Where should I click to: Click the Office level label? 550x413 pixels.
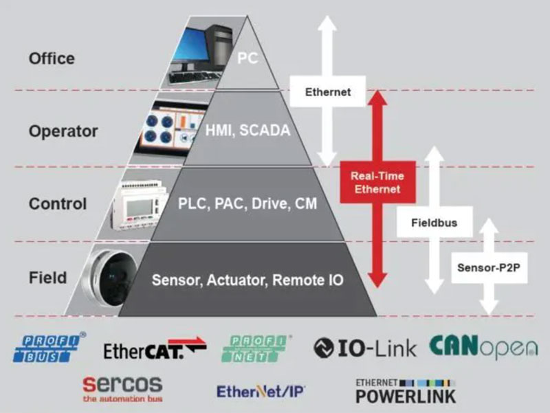tap(52, 58)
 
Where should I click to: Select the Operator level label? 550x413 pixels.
tap(63, 131)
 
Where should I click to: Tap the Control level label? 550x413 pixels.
tap(58, 204)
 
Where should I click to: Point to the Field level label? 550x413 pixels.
tap(47, 278)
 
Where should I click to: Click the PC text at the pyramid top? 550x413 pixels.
tap(247, 58)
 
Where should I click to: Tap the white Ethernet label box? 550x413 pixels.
tap(328, 91)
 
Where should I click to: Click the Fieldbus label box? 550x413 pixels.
tap(434, 223)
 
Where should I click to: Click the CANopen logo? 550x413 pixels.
tap(483, 347)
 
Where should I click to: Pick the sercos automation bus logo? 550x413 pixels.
tap(122, 389)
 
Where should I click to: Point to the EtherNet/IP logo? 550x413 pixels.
tap(261, 390)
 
